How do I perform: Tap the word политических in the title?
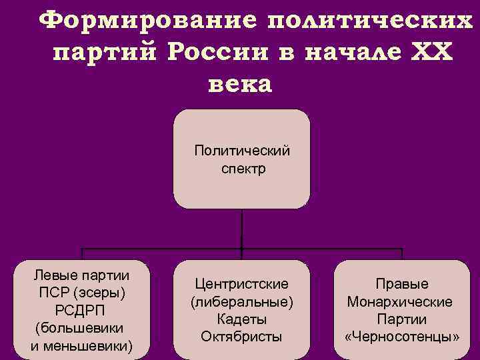(x=369, y=21)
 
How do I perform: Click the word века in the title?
(x=241, y=85)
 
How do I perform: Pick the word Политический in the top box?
(x=242, y=150)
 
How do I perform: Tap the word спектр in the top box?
(x=243, y=169)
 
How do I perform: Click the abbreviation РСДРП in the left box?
(x=81, y=311)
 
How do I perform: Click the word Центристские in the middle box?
(x=242, y=285)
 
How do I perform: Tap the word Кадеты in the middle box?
(x=242, y=319)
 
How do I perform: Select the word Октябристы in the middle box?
(x=242, y=337)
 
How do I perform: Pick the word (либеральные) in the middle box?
(x=242, y=302)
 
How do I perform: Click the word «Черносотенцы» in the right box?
(x=402, y=337)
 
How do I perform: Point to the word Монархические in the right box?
(x=400, y=302)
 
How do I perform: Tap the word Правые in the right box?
(x=401, y=285)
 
